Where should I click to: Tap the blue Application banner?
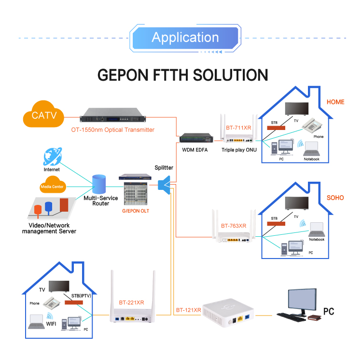coord(185,38)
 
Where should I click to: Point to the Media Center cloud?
coord(52,186)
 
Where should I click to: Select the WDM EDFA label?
coord(195,150)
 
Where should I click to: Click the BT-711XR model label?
coord(238,128)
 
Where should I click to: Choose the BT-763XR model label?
coord(234,226)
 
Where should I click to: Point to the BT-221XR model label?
coord(131,302)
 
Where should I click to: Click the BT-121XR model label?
coord(188,310)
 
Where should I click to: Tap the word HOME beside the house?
coord(335,102)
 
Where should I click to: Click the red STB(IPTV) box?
coord(73,302)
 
